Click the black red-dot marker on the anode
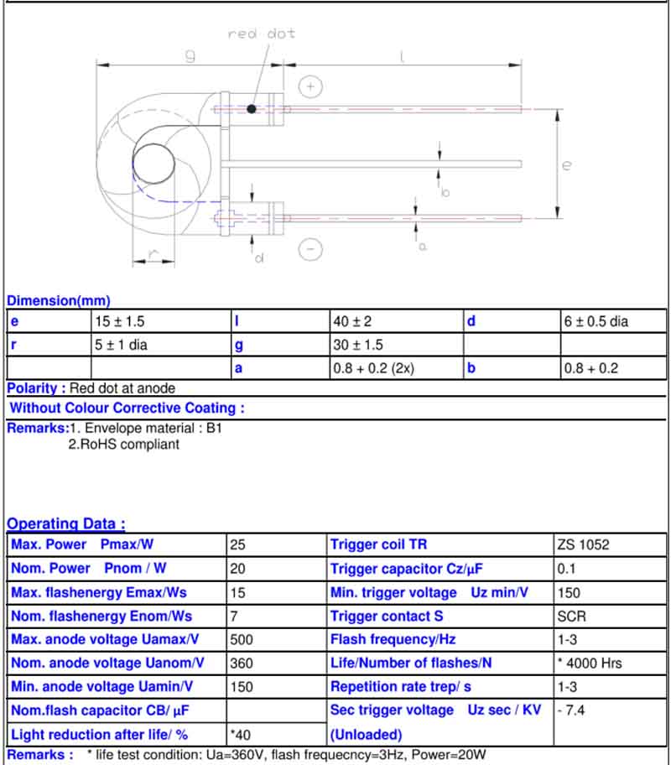(x=252, y=109)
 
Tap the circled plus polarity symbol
(x=310, y=87)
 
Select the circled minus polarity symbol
(x=310, y=249)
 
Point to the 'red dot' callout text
(x=262, y=34)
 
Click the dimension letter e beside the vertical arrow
(x=566, y=165)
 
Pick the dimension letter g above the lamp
(x=190, y=55)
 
